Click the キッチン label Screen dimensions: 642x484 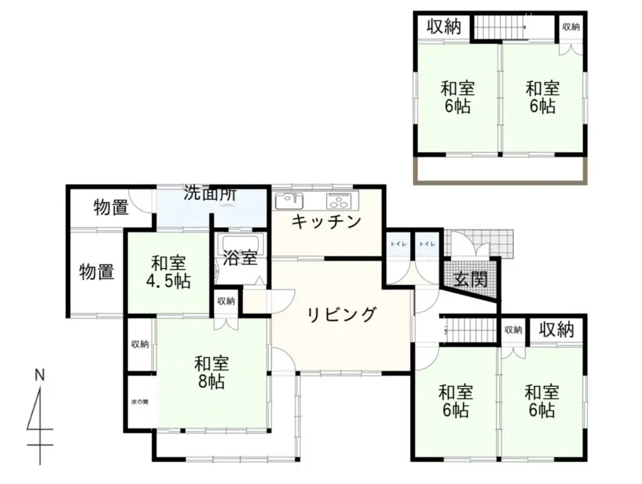[x=327, y=222]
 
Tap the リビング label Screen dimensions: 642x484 [x=342, y=315]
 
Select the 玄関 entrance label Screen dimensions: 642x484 [x=471, y=280]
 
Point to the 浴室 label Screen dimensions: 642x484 [x=240, y=258]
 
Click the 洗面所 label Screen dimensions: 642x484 [x=210, y=193]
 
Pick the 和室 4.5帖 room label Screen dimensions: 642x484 [x=168, y=272]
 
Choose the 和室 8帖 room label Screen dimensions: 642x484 [x=211, y=372]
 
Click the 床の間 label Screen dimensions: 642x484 [x=140, y=402]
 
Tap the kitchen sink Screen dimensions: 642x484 [x=289, y=201]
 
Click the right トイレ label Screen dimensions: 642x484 [x=427, y=244]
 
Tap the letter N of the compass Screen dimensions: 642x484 [x=39, y=376]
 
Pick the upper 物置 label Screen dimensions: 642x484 [x=112, y=207]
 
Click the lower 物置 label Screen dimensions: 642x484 [x=97, y=272]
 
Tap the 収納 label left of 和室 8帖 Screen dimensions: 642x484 [x=140, y=344]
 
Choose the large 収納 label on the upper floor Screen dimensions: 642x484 [x=445, y=27]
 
